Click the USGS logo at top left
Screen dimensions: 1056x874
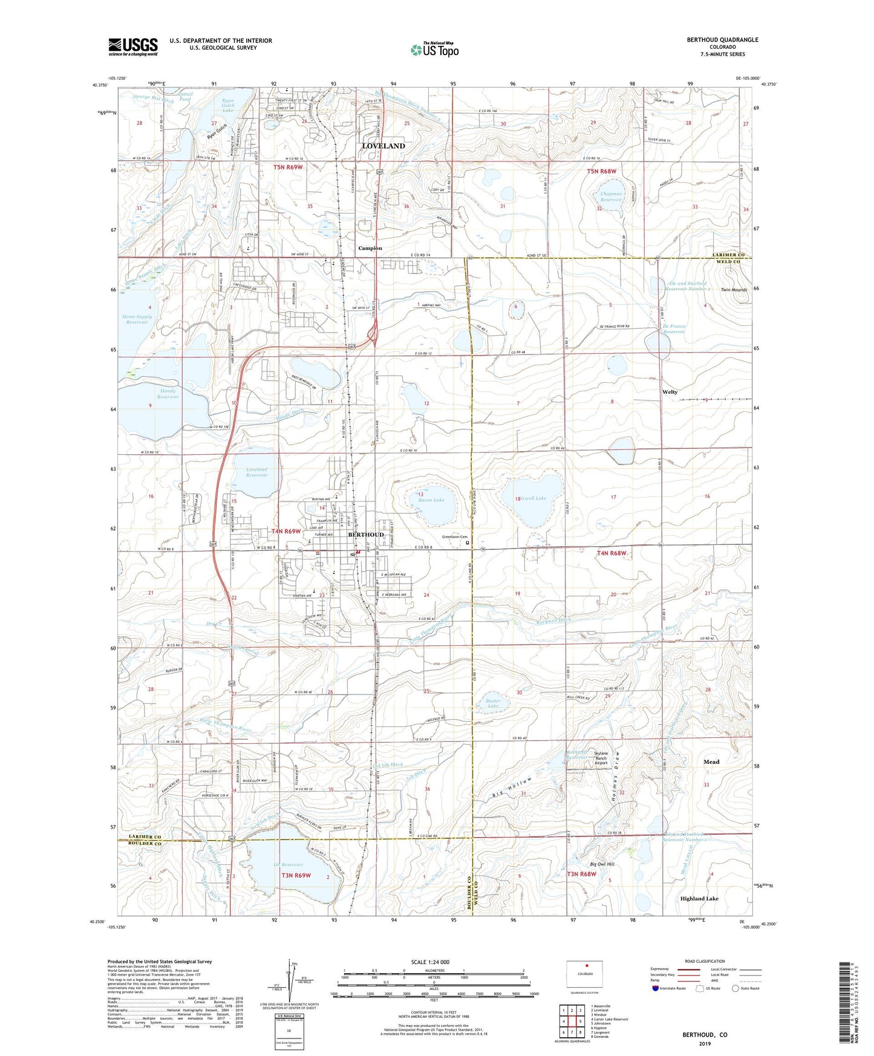point(133,46)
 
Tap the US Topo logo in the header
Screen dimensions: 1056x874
point(434,50)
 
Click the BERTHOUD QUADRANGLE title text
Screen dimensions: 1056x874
point(722,40)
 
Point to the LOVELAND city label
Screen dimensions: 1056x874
point(383,146)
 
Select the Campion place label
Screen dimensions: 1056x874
point(370,248)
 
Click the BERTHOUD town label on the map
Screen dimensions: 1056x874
point(365,535)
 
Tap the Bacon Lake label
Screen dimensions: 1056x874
point(431,500)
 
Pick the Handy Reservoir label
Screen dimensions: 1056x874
point(168,394)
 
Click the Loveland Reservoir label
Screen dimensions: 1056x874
point(256,472)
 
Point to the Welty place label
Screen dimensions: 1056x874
point(670,392)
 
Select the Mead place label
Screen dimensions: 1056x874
point(711,762)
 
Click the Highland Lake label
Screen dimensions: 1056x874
point(699,899)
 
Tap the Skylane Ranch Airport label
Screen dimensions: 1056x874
point(601,758)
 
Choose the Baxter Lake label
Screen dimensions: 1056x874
point(493,703)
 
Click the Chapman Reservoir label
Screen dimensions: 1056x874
point(611,197)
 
